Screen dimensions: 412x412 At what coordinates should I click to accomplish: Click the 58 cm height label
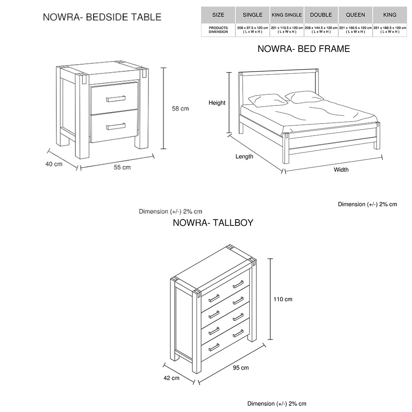tap(180, 109)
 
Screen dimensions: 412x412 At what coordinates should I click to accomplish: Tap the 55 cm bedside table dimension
tap(122, 167)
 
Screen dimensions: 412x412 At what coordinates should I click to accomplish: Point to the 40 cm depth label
tap(54, 164)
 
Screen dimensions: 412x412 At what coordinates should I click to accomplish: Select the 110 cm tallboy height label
tap(283, 299)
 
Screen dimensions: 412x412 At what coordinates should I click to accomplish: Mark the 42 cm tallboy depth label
tap(171, 378)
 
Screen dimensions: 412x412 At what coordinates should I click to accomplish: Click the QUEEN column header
tap(355, 15)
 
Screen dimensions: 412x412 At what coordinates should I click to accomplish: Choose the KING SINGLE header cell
tap(287, 15)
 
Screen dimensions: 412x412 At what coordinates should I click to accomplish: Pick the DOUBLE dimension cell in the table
tap(321, 30)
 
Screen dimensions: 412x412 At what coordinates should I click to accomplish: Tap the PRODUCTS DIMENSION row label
tap(218, 30)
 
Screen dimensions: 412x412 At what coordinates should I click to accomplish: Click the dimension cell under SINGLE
tap(253, 30)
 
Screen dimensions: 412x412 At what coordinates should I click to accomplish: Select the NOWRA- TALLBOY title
tap(213, 223)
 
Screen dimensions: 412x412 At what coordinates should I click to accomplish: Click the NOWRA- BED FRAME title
tap(304, 49)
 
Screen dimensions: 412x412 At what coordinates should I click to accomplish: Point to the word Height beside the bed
tap(217, 103)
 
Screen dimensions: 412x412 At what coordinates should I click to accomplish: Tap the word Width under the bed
tap(341, 170)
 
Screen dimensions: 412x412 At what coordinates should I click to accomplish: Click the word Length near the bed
tap(244, 157)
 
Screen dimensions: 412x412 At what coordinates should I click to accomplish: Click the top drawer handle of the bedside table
tap(116, 98)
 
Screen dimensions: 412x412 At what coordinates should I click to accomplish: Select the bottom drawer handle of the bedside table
tap(116, 126)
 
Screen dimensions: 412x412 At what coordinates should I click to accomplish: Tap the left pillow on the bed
tap(267, 100)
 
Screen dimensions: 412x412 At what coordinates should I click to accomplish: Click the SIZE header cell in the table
tap(218, 15)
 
